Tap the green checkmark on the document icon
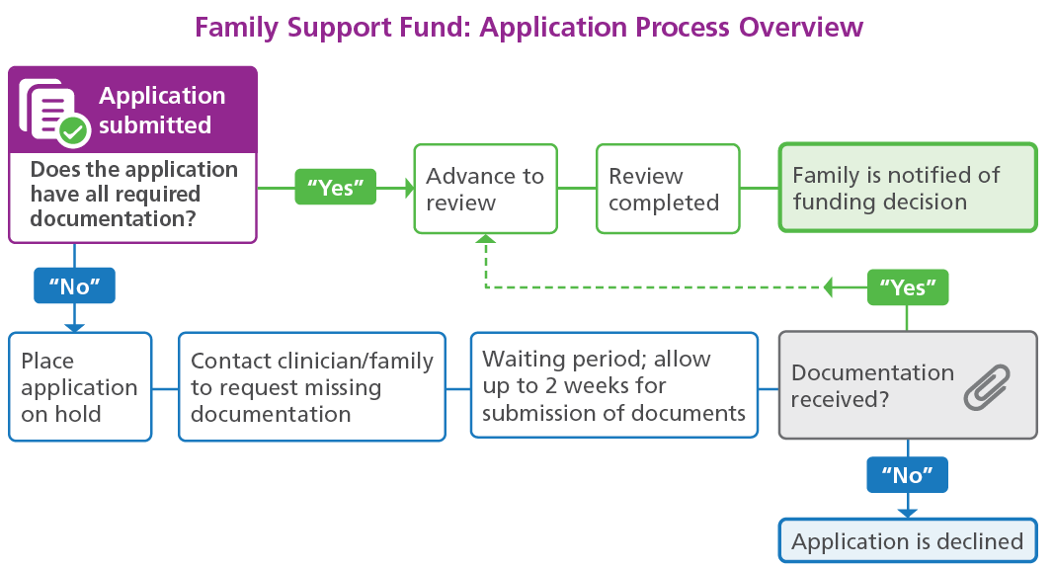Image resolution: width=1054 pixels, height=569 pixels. pyautogui.click(x=73, y=129)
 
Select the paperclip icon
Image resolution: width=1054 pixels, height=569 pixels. pyautogui.click(x=987, y=386)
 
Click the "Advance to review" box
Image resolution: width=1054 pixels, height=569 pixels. pyautogui.click(x=485, y=189)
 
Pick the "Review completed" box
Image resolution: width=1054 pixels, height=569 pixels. pyautogui.click(x=668, y=189)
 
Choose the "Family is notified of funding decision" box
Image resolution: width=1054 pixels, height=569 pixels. pyautogui.click(x=908, y=189)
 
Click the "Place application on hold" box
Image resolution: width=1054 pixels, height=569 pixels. pyautogui.click(x=80, y=386)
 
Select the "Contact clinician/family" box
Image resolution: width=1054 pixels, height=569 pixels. pyautogui.click(x=311, y=386)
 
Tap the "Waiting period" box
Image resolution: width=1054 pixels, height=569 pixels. pyautogui.click(x=613, y=385)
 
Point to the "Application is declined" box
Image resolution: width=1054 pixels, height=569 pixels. pyautogui.click(x=908, y=540)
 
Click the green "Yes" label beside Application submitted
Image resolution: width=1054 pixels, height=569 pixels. pyautogui.click(x=336, y=188)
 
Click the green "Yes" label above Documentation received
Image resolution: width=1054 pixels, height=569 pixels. pyautogui.click(x=908, y=287)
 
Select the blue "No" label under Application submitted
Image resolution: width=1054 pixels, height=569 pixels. pyautogui.click(x=74, y=286)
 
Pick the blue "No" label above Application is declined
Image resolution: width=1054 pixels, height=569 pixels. pyautogui.click(x=908, y=475)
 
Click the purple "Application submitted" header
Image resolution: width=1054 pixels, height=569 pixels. pyautogui.click(x=132, y=111)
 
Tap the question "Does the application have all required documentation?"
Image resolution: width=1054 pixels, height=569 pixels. pyautogui.click(x=133, y=194)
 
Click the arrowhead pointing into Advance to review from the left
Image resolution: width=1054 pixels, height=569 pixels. pyautogui.click(x=408, y=188)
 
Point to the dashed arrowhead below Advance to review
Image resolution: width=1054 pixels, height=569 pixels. pyautogui.click(x=485, y=239)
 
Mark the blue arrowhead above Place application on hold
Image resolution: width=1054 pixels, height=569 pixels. pyautogui.click(x=74, y=327)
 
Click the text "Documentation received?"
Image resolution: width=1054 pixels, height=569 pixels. pyautogui.click(x=872, y=385)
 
